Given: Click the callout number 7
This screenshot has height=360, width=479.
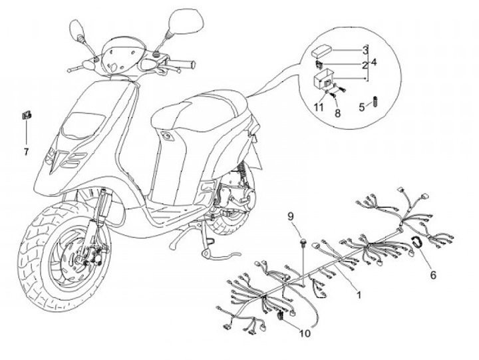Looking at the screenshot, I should [x=26, y=152].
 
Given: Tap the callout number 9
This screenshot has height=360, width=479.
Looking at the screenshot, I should [x=290, y=216].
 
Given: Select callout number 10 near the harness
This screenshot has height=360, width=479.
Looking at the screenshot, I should [x=305, y=333].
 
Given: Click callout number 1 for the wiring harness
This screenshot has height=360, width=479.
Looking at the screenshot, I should [x=357, y=293].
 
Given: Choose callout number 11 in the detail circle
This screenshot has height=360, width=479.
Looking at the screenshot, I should [x=319, y=107].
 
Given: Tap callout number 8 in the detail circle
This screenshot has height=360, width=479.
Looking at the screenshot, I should [x=337, y=114].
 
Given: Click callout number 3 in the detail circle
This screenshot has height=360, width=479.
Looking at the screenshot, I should [x=365, y=51].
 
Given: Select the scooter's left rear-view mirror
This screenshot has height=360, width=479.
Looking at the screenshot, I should [x=76, y=29].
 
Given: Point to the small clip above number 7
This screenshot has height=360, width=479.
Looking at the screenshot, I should [x=26, y=116].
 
